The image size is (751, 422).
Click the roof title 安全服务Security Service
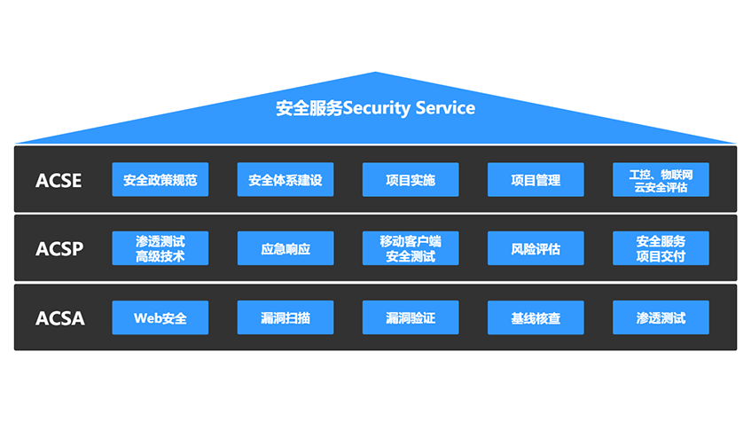[x=375, y=108]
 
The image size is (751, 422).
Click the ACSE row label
[x=59, y=181]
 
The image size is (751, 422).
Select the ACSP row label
[x=59, y=249]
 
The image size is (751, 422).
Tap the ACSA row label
[x=59, y=317]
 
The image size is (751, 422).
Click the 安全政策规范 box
[x=160, y=180]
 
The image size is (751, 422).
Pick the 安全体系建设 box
[x=286, y=180]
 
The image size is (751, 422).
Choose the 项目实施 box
[x=411, y=180]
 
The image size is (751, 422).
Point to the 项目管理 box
[x=536, y=180]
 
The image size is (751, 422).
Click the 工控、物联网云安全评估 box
[x=661, y=180]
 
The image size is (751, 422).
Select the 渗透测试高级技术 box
[x=160, y=248]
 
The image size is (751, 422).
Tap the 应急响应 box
[x=286, y=248]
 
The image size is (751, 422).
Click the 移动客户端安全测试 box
[x=411, y=248]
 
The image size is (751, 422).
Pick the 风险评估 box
[x=536, y=248]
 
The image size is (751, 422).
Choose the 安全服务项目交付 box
[x=661, y=248]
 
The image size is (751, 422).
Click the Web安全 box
[x=160, y=317]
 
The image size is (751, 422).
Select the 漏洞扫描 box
[x=286, y=317]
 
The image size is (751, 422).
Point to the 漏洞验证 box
[x=411, y=317]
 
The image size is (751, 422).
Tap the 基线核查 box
[x=536, y=317]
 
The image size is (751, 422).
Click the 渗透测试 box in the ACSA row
[x=661, y=317]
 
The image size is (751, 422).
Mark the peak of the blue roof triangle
[x=376, y=73]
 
